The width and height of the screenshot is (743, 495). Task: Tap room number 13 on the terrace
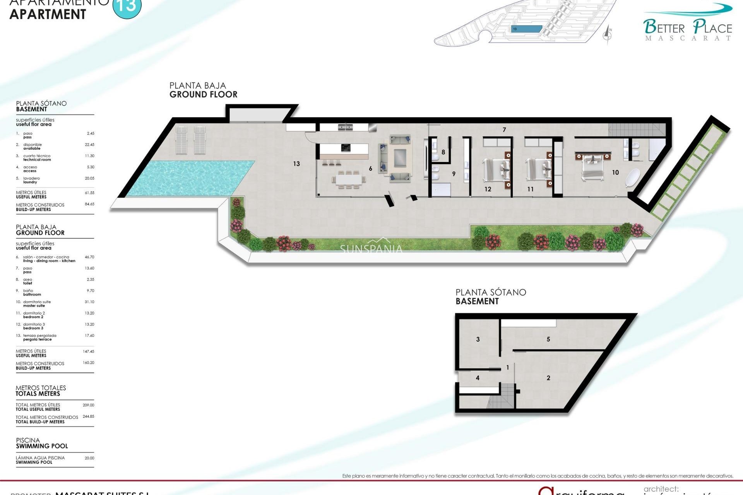tap(296, 164)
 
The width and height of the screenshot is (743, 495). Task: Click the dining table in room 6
tap(349, 179)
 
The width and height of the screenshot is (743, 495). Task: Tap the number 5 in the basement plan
tap(548, 339)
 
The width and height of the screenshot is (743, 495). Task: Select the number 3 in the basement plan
tap(478, 339)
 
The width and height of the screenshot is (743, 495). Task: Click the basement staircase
tap(502, 395)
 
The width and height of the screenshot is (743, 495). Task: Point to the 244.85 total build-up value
tap(88, 417)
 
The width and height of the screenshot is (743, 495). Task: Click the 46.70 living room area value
tap(89, 257)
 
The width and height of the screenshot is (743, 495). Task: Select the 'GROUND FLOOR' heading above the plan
tap(203, 94)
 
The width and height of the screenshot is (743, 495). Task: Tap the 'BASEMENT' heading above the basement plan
tap(477, 301)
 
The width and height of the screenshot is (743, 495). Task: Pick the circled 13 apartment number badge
tap(127, 7)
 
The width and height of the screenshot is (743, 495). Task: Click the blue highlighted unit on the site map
tap(526, 29)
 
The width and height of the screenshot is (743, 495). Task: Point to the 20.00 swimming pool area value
tap(89, 458)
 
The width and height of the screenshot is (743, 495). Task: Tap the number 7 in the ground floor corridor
tap(504, 130)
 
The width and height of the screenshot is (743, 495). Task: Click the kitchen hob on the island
tap(346, 147)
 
